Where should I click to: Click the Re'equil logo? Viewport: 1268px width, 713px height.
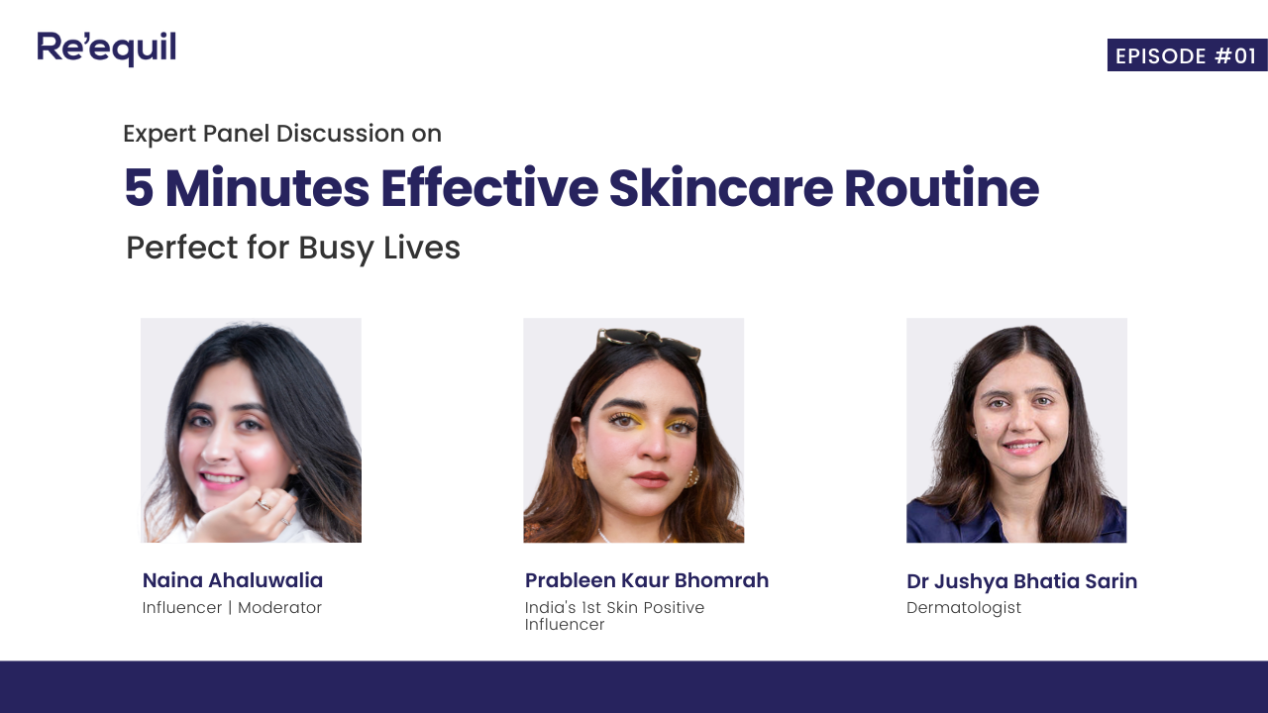pyautogui.click(x=107, y=49)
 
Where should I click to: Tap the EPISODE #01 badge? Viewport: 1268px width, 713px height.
pyautogui.click(x=1186, y=55)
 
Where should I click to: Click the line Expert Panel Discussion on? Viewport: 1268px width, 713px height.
pyautogui.click(x=282, y=134)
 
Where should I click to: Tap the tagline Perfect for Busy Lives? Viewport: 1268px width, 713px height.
pyautogui.click(x=293, y=248)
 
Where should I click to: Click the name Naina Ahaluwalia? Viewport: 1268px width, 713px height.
pyautogui.click(x=233, y=580)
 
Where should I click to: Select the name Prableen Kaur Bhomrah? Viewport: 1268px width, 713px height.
pyautogui.click(x=647, y=580)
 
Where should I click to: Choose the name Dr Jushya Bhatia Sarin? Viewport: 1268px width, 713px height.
pyautogui.click(x=1021, y=581)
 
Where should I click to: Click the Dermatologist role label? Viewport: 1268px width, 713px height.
pyautogui.click(x=964, y=608)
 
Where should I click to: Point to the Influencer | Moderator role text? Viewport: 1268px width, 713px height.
pyautogui.click(x=232, y=608)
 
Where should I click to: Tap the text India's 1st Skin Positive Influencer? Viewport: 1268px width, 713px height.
pyautogui.click(x=614, y=616)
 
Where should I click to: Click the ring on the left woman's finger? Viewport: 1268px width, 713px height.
pyautogui.click(x=264, y=504)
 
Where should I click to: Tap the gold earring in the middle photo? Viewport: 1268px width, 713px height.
pyautogui.click(x=581, y=464)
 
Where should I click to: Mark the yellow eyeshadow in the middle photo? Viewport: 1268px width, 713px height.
pyautogui.click(x=680, y=427)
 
